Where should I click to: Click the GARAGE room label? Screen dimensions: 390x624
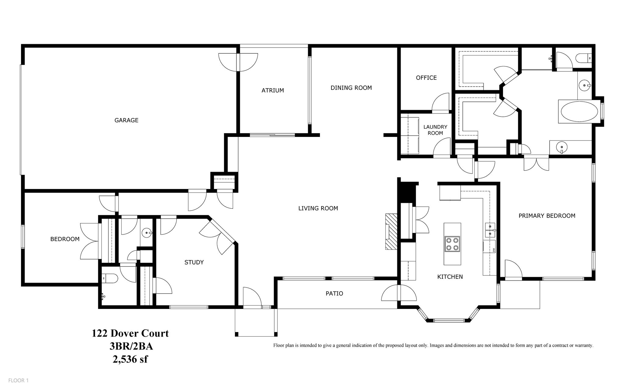pos(126,120)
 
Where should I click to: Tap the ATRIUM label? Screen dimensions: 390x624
pos(273,91)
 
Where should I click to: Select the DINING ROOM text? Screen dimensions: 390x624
pos(351,88)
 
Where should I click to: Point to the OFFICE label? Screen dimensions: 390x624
pos(426,78)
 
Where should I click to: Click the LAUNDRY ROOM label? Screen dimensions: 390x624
pos(435,130)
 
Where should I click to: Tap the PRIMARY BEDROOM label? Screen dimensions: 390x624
pos(547,216)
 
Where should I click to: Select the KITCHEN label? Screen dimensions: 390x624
pos(450,277)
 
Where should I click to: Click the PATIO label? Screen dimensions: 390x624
pos(334,294)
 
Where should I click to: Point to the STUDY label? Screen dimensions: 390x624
pos(194,262)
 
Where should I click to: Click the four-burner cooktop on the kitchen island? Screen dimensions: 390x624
pos(452,244)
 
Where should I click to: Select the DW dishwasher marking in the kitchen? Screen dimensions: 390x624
pos(493,250)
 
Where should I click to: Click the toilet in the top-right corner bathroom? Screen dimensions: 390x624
pos(586,58)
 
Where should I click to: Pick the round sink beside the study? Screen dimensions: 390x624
pos(147,233)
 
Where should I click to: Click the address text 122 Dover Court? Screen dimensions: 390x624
pos(130,333)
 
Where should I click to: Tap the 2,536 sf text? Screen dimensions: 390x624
pos(130,359)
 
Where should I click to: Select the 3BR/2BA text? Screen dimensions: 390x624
pos(131,346)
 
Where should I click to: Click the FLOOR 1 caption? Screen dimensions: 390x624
pos(18,380)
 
